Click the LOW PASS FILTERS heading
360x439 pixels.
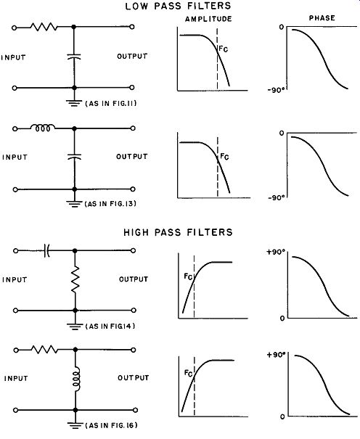click(x=178, y=6)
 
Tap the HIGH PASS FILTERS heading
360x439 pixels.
click(x=178, y=232)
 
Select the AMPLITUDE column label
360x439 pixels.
click(x=208, y=19)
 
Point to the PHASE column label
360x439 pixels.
click(x=322, y=18)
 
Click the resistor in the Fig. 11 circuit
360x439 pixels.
click(x=44, y=27)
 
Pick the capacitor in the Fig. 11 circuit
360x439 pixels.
click(x=74, y=57)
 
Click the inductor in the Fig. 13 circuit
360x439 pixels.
click(x=43, y=128)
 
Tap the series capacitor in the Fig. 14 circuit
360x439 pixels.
click(x=47, y=250)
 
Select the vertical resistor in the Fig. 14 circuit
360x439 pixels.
click(x=75, y=279)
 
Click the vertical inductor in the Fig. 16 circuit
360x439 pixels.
click(x=76, y=378)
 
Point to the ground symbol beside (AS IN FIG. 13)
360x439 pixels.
click(x=74, y=204)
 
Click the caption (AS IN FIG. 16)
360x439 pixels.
click(x=111, y=425)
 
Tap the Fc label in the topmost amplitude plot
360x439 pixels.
click(x=223, y=49)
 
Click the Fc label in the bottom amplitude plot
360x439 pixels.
click(x=189, y=373)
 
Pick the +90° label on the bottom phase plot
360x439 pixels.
click(x=276, y=355)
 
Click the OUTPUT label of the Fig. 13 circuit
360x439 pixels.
click(x=132, y=156)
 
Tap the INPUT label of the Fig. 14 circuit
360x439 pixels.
click(x=15, y=279)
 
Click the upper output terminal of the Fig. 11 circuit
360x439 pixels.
click(x=132, y=27)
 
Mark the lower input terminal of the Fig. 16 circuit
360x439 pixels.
click(x=16, y=410)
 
